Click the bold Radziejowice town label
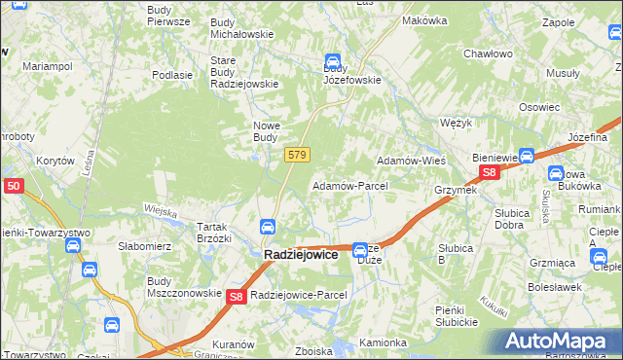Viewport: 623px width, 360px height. point(301,254)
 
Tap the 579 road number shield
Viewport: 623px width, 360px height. point(298,155)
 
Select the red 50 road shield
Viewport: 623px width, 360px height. point(13,185)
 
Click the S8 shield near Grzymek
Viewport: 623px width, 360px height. point(490,172)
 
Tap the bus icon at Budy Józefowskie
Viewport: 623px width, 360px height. point(333,60)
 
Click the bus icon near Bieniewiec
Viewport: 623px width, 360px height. point(527,155)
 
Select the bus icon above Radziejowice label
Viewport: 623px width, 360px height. point(267,227)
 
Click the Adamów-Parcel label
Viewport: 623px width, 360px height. point(349,185)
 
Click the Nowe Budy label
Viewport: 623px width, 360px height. point(267,130)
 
